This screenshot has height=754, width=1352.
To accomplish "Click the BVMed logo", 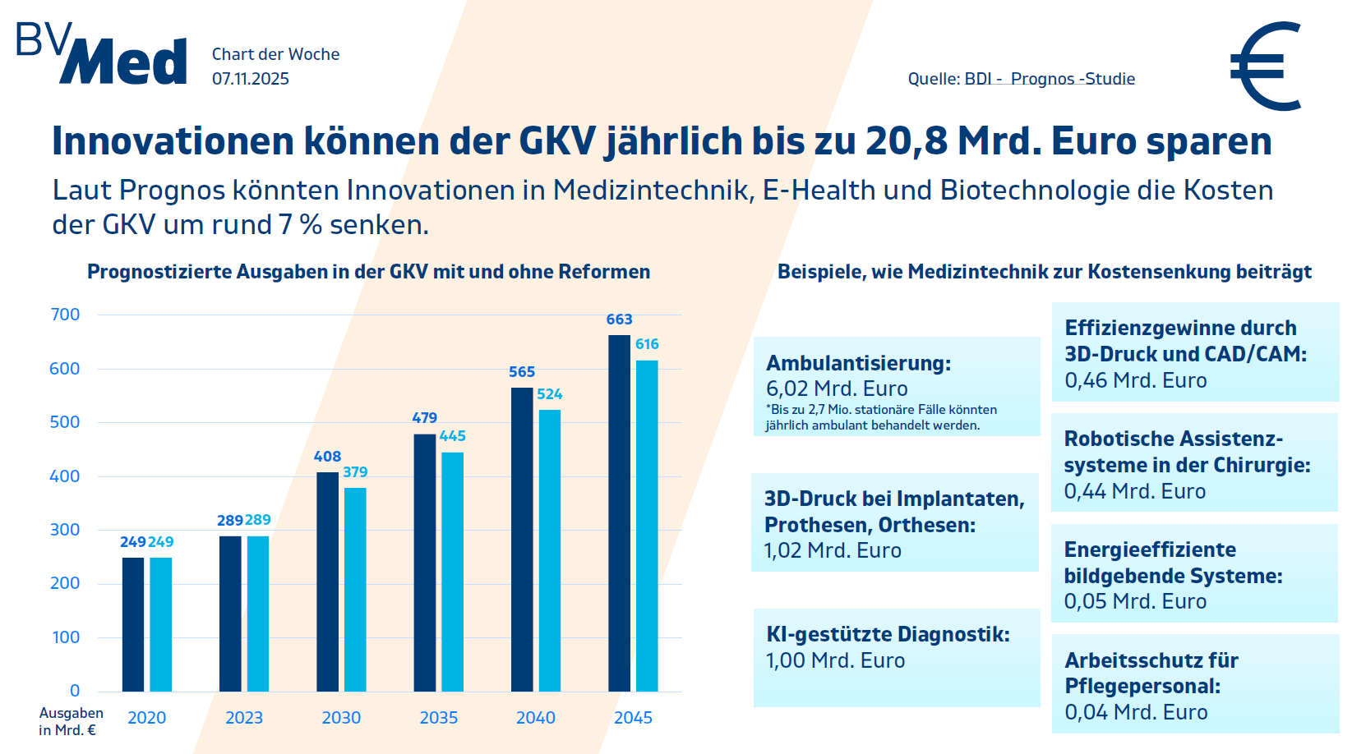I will [102, 54].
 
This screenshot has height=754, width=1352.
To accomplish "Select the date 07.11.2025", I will [251, 79].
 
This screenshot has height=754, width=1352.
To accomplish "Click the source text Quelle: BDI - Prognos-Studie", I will [1021, 79].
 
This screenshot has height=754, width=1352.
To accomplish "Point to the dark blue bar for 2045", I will [619, 513].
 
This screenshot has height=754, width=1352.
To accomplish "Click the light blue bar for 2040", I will [550, 550].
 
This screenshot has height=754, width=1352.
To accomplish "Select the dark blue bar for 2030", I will [327, 582].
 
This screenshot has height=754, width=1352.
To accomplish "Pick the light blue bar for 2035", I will [452, 572].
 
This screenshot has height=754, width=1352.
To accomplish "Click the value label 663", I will [619, 320].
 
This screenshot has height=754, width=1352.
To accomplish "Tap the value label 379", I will [355, 472].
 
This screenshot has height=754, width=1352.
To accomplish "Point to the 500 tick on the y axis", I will [65, 422].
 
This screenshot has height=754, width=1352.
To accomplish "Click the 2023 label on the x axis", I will [244, 718].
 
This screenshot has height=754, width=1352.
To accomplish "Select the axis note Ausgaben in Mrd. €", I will [71, 721].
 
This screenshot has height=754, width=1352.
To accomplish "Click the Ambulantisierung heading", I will [858, 363].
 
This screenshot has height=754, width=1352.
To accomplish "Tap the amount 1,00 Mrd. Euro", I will [835, 660].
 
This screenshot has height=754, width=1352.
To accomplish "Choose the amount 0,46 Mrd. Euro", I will [1135, 380].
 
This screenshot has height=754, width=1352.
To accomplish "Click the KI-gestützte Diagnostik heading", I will [888, 634].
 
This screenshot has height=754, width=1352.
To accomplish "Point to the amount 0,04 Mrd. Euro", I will [1136, 712].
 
